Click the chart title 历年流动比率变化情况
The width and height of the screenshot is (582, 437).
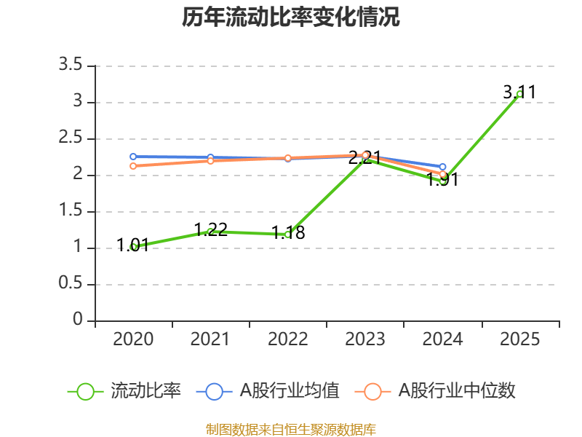pyautogui.click(x=291, y=17)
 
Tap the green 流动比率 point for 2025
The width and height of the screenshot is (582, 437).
pyautogui.click(x=519, y=94)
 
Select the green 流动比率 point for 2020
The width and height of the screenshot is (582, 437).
pyautogui.click(x=133, y=247)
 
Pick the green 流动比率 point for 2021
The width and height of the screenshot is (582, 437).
pyautogui.click(x=210, y=232)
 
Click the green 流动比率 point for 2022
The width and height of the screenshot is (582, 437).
pyautogui.click(x=288, y=235)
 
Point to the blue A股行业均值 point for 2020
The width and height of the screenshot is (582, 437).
pyautogui.click(x=133, y=157)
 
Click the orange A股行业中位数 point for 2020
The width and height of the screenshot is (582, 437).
pyautogui.click(x=133, y=166)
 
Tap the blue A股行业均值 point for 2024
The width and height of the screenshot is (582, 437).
pyautogui.click(x=442, y=167)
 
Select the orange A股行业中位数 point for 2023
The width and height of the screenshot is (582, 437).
pyautogui.click(x=365, y=155)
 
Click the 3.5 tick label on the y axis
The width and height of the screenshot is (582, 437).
pyautogui.click(x=72, y=66)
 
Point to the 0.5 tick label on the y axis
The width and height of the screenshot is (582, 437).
pyautogui.click(x=72, y=284)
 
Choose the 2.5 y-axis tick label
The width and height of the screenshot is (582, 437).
pyautogui.click(x=72, y=138)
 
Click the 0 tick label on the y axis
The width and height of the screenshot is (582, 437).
pyautogui.click(x=79, y=320)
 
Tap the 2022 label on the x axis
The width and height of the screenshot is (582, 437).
pyautogui.click(x=288, y=339)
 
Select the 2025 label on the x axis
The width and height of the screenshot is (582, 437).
pyautogui.click(x=519, y=339)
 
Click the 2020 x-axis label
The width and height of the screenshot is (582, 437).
pyautogui.click(x=133, y=339)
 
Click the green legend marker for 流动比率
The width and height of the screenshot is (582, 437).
pyautogui.click(x=85, y=391)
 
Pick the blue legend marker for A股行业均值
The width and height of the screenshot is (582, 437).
pyautogui.click(x=214, y=391)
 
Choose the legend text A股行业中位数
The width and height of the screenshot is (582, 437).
pyautogui.click(x=456, y=391)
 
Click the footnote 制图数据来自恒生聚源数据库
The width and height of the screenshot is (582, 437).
pyautogui.click(x=291, y=429)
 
